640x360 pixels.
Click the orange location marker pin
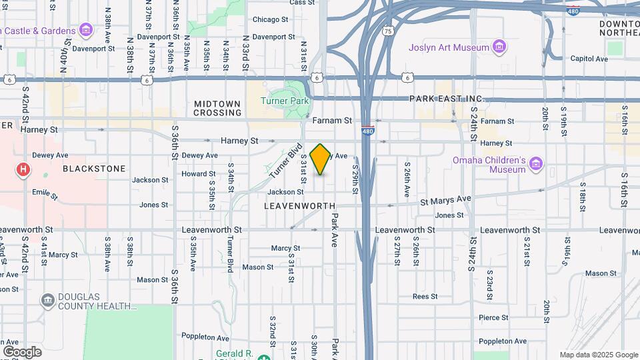pos(321,159)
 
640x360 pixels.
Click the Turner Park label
pos(285,101)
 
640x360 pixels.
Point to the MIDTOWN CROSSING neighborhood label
pos(217,108)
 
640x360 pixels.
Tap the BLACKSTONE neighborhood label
pos(94,169)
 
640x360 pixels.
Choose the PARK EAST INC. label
pos(447,99)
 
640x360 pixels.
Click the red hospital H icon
pos(23,170)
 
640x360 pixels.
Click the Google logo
pos(22,351)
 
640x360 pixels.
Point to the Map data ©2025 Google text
pos(598,355)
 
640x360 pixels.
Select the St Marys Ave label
pos(445,199)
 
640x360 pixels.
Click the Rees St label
pos(424,296)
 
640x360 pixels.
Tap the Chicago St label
pos(270,19)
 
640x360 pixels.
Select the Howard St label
pos(199,173)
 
